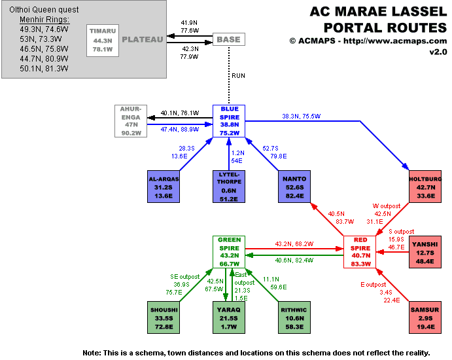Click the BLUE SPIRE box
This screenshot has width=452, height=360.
pyautogui.click(x=229, y=121)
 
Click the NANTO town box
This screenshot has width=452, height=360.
pyautogui.click(x=294, y=187)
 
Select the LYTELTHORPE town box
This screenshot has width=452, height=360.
pyautogui.click(x=229, y=187)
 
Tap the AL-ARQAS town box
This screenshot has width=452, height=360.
pyautogui.click(x=164, y=187)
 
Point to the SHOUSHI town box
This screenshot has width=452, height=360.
pyautogui.click(x=164, y=317)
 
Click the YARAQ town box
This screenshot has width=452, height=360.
pyautogui.click(x=229, y=317)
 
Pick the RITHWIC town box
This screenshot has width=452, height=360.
pyautogui.click(x=294, y=317)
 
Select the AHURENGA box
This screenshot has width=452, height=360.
pyautogui.click(x=131, y=121)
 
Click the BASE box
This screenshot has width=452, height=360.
pyautogui.click(x=228, y=39)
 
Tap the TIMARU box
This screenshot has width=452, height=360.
pyautogui.click(x=103, y=39)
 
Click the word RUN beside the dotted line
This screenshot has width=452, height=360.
pyautogui.click(x=239, y=76)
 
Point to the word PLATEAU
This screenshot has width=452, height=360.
pyautogui.click(x=143, y=39)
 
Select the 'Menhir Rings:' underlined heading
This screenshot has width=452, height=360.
pyautogui.click(x=44, y=20)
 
